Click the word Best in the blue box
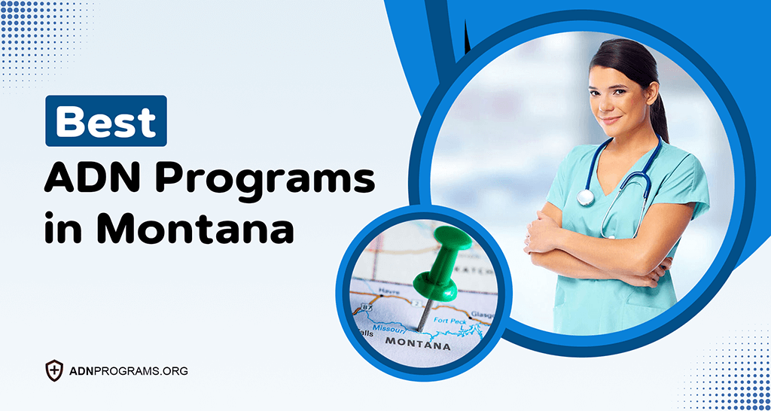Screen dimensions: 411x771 pyautogui.click(x=105, y=121)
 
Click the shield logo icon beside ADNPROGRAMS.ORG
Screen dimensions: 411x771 pyautogui.click(x=54, y=370)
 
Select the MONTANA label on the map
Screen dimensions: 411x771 pyautogui.click(x=418, y=346)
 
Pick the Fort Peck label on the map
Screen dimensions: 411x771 pyautogui.click(x=452, y=321)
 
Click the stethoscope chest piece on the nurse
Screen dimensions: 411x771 pyautogui.click(x=586, y=197)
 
